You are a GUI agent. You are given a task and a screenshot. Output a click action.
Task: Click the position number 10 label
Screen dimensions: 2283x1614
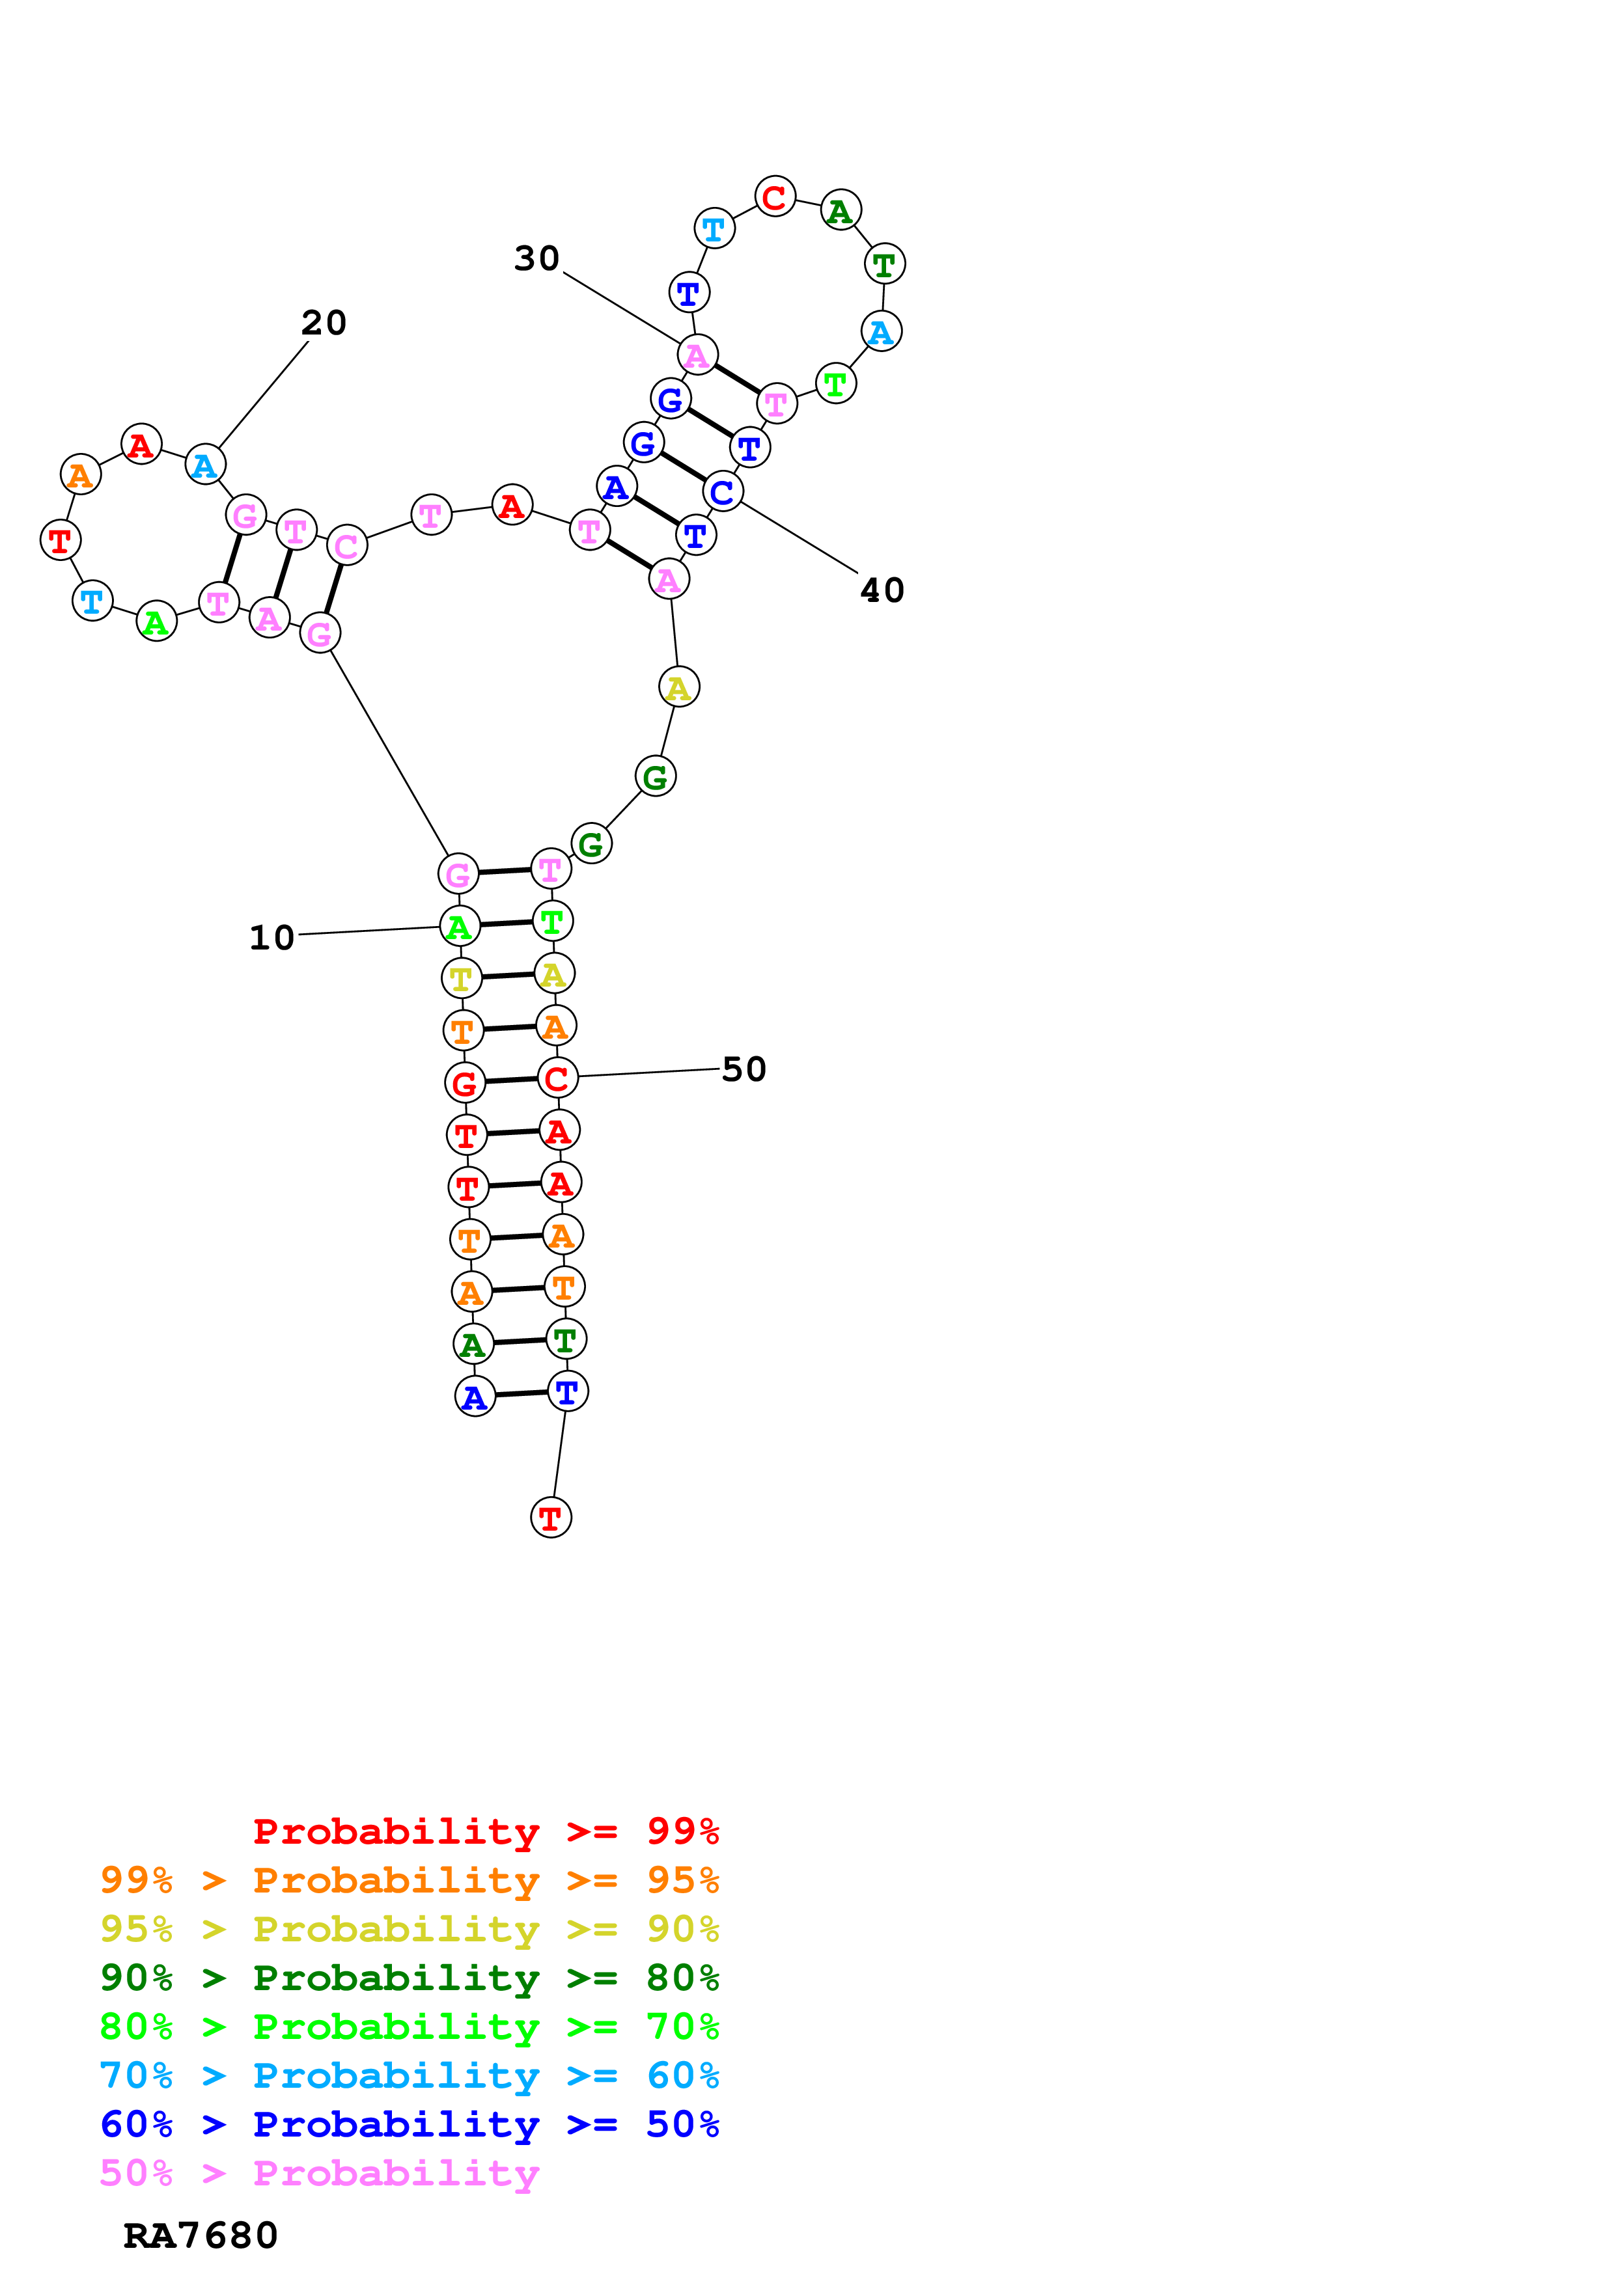pyautogui.click(x=271, y=938)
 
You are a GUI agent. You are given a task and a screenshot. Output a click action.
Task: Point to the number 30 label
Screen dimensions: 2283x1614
pyautogui.click(x=537, y=258)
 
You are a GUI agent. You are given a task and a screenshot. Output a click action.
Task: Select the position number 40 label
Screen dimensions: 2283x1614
pyautogui.click(x=882, y=591)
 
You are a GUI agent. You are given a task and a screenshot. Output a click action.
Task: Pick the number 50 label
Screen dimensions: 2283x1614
pyautogui.click(x=744, y=1070)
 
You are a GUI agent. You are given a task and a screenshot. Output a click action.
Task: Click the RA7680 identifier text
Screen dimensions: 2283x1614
pyautogui.click(x=200, y=2236)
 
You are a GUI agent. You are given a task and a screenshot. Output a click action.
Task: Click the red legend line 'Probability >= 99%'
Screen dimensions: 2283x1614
pyautogui.click(x=485, y=1831)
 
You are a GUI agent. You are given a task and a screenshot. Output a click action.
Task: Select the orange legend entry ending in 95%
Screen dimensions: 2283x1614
pyautogui.click(x=410, y=1880)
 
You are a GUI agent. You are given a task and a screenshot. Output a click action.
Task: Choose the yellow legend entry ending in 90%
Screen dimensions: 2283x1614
pyautogui.click(x=410, y=1929)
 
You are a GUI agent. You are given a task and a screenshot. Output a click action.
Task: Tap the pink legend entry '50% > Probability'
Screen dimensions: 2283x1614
pyautogui.click(x=319, y=2174)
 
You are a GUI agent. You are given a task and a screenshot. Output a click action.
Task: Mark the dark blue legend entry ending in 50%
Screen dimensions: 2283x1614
pyautogui.click(x=410, y=2125)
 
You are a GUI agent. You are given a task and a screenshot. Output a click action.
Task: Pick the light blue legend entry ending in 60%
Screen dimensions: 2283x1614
pyautogui.click(x=410, y=2076)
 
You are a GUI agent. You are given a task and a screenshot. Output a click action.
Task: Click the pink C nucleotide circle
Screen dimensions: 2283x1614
pyautogui.click(x=347, y=546)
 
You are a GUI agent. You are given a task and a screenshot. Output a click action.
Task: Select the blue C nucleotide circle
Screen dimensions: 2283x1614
pyautogui.click(x=723, y=492)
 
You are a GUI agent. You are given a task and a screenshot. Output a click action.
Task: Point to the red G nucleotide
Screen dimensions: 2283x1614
pyautogui.click(x=464, y=1083)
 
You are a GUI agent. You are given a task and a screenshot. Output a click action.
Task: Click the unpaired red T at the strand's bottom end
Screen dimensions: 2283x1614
pyautogui.click(x=551, y=1518)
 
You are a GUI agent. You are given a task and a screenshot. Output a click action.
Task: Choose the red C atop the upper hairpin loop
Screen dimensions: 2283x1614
pyautogui.click(x=775, y=197)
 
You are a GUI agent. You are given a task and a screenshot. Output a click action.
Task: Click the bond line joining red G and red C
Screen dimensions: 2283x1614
pyautogui.click(x=511, y=1080)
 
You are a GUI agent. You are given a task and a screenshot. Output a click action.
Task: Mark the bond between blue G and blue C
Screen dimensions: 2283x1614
pyautogui.click(x=683, y=467)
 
